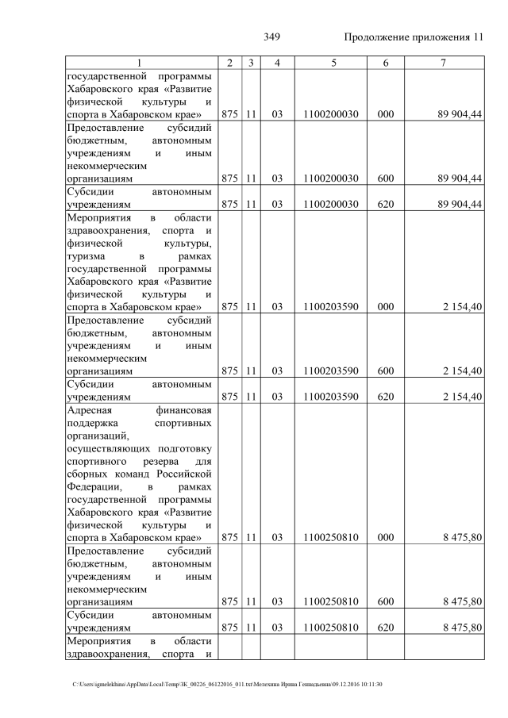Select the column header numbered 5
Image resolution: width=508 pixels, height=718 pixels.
(330, 63)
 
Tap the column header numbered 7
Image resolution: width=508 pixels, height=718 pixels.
(444, 63)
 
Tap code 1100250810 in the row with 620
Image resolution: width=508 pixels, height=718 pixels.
(331, 628)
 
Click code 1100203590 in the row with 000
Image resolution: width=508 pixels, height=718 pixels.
(331, 307)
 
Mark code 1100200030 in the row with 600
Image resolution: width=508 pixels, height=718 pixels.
(331, 179)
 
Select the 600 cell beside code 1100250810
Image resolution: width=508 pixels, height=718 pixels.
(386, 602)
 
